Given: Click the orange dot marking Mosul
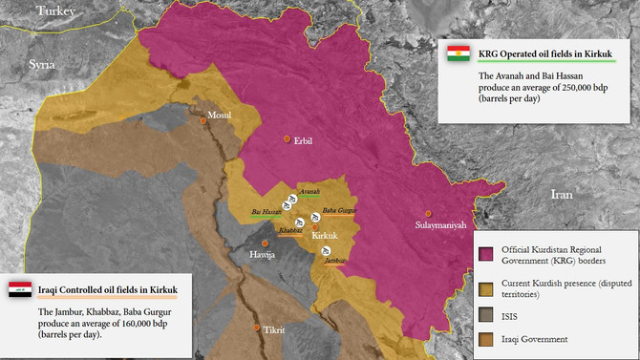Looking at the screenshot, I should (x=203, y=121).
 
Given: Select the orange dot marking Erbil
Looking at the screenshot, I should (x=286, y=139).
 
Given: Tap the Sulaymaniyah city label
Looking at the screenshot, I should (x=440, y=225).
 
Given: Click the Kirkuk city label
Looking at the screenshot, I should (x=326, y=235).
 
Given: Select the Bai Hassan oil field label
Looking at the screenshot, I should (x=267, y=211).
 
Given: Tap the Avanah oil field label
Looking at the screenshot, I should (x=309, y=192).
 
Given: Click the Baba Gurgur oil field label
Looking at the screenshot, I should (x=340, y=210).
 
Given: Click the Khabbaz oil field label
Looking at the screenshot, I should (x=290, y=230).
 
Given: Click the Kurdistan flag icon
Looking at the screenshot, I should (x=459, y=53).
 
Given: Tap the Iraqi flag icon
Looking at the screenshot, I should (x=21, y=287).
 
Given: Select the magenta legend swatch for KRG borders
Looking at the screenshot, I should (x=486, y=253).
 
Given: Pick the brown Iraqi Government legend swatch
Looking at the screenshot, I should (x=486, y=338).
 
